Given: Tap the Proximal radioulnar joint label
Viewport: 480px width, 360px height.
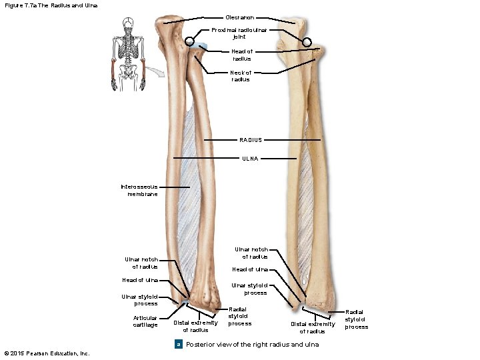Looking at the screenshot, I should pos(239,33).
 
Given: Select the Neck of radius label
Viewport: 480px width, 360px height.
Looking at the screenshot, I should pos(241,75).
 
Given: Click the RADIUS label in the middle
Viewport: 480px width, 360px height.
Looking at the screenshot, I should pos(251,140).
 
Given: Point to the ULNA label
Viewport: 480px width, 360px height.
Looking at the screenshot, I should pos(251,159).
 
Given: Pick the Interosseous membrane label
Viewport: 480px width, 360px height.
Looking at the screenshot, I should pos(139,190).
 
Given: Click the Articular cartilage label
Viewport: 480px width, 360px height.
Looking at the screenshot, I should pos(145,321).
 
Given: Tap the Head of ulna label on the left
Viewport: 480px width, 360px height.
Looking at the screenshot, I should pos(140,280).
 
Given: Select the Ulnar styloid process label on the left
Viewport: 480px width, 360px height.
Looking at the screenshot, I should pos(139,299).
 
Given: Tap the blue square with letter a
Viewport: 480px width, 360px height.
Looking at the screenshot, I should pos(178,344).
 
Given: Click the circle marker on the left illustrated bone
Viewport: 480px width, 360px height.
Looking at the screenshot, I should pos(190,42).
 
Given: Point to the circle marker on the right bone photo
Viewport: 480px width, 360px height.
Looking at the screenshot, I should pos(307,42).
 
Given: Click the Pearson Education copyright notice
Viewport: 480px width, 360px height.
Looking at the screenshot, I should pos(46,353).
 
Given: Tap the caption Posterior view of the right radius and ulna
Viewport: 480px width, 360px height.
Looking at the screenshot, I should pos(252,344).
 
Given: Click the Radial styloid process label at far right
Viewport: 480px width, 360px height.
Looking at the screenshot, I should pos(357,319).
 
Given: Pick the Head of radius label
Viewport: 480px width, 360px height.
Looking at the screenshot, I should pos(241,55).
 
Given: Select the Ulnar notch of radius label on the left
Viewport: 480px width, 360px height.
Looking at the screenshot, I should pos(141,263).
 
